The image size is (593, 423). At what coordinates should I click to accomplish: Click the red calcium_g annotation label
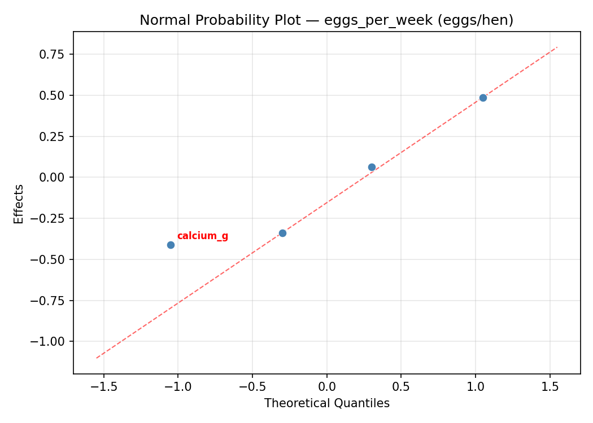[202, 236]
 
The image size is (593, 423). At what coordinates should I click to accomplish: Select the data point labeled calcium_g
[171, 245]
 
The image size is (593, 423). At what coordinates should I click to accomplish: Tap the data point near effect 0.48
[483, 98]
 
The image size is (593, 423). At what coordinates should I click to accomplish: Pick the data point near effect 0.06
[372, 167]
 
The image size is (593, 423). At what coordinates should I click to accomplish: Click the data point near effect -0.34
[282, 233]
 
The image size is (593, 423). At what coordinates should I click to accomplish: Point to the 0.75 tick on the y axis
[54, 55]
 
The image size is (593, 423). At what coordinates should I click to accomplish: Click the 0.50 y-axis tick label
[54, 95]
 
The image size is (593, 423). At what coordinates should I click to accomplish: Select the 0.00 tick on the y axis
[54, 178]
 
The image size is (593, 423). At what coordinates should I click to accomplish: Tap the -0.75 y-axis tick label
[50, 301]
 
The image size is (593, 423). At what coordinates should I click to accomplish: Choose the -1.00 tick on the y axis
[50, 342]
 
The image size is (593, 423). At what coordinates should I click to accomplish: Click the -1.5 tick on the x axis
[104, 387]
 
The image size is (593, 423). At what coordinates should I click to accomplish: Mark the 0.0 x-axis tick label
[326, 387]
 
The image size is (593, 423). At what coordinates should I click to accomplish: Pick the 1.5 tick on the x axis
[550, 387]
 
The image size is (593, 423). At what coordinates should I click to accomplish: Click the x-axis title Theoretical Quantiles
[326, 403]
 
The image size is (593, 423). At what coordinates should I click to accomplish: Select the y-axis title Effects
[19, 204]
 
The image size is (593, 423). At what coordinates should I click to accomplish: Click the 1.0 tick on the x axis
[476, 387]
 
